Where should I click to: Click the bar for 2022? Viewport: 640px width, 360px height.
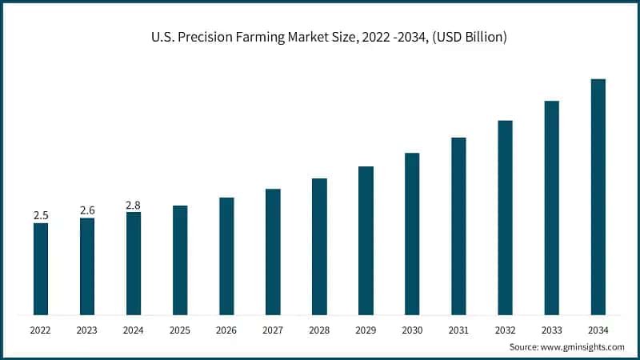tap(41, 269)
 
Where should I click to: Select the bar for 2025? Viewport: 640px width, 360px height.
tap(180, 260)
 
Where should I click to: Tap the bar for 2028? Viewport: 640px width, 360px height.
tap(319, 246)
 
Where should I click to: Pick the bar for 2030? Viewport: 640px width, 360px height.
tap(412, 234)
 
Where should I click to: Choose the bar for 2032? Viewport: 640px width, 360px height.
tap(505, 218)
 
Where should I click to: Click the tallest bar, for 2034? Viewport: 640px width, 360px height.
tap(598, 197)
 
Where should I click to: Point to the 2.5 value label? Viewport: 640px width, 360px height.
tap(41, 215)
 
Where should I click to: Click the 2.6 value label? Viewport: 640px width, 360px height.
tap(87, 210)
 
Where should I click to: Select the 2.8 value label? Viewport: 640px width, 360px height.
tap(134, 205)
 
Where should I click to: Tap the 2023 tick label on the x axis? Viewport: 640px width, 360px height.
tap(87, 330)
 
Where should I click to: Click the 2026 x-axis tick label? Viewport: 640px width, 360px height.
tap(226, 330)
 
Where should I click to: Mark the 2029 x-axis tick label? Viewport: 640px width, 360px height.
tap(366, 330)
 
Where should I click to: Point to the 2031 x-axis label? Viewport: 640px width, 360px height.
tap(458, 330)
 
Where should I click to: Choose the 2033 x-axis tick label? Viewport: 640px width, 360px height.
tap(551, 330)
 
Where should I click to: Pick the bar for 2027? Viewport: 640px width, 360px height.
tap(273, 252)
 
